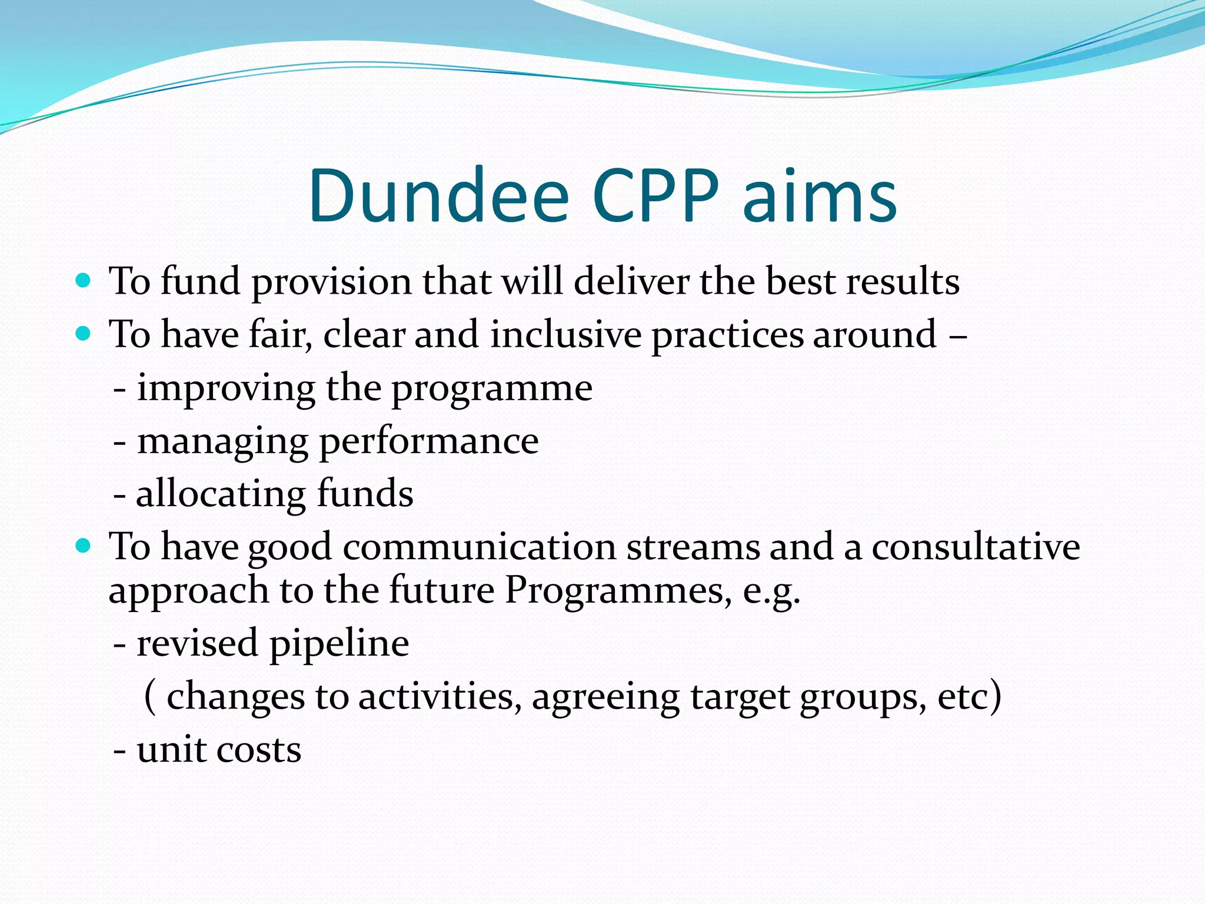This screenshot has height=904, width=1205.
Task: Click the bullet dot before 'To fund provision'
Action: [x=84, y=281]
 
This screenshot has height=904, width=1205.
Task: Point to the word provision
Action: [x=332, y=282]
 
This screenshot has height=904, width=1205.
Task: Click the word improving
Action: [x=227, y=389]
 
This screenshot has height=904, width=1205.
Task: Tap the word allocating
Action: [x=221, y=494]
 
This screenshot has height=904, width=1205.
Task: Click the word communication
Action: [x=479, y=547]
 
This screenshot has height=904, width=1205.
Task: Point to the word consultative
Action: [x=976, y=547]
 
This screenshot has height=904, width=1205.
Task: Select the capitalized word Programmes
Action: [x=614, y=590]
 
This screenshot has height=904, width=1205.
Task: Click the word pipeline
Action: [x=339, y=644]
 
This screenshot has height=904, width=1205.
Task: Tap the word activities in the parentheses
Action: [x=440, y=697]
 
